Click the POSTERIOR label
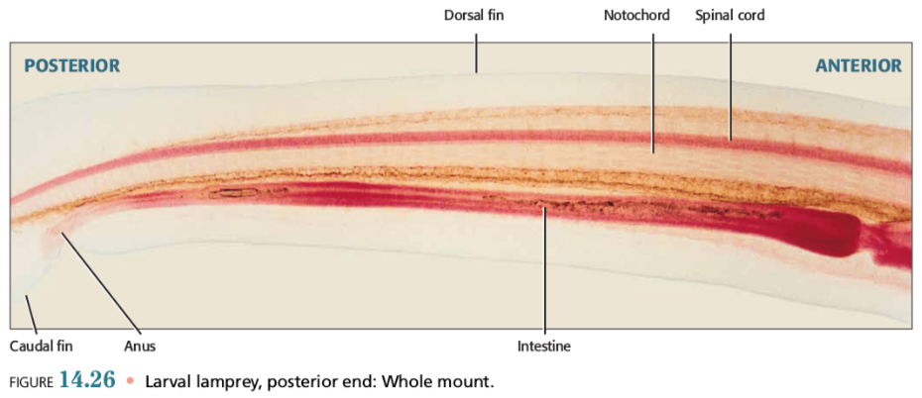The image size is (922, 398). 71,66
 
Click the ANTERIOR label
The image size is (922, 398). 859,66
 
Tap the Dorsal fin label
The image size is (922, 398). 475,16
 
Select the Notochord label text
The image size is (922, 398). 636,16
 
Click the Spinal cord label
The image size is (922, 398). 730,16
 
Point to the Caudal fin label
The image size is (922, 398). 42,346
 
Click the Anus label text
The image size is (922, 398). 140,346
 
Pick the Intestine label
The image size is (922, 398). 544,346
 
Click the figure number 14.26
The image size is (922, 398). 88,380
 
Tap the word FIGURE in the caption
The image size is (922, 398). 31,381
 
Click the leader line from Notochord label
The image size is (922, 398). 653,89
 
